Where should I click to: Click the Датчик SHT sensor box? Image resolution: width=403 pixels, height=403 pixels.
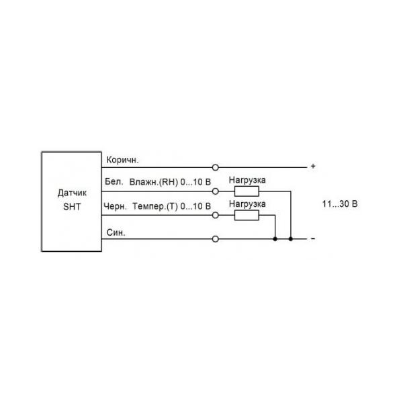click(71, 201)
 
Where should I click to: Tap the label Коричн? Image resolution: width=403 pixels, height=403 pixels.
click(122, 160)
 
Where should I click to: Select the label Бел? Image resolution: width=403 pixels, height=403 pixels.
click(114, 182)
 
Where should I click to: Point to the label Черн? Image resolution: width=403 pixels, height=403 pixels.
click(115, 206)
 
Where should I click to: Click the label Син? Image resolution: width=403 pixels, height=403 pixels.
click(116, 232)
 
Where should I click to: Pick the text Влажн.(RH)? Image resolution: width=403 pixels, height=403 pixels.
click(153, 182)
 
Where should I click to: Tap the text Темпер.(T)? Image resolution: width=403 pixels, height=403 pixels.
click(155, 206)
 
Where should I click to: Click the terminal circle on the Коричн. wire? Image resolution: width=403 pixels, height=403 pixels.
click(216, 167)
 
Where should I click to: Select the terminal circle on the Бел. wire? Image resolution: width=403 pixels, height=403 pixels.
click(216, 191)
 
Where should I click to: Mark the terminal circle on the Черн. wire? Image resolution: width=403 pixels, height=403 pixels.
click(216, 215)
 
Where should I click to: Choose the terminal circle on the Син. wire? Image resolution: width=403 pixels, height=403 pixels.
click(216, 239)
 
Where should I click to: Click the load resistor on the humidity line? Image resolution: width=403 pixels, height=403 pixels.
click(247, 191)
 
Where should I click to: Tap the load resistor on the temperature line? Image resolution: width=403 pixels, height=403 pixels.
click(247, 215)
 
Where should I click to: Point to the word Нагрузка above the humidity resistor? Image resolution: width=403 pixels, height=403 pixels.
click(247, 180)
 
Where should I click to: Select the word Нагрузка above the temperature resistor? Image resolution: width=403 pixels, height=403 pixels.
click(247, 204)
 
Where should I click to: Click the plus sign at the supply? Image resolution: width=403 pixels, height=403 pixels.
click(313, 167)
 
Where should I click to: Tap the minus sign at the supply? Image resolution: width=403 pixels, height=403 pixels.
click(313, 238)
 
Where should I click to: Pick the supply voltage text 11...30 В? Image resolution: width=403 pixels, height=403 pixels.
click(340, 204)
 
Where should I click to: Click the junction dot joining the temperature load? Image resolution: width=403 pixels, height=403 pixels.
click(275, 239)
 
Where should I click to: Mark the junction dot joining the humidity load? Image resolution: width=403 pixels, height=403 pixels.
click(291, 239)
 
